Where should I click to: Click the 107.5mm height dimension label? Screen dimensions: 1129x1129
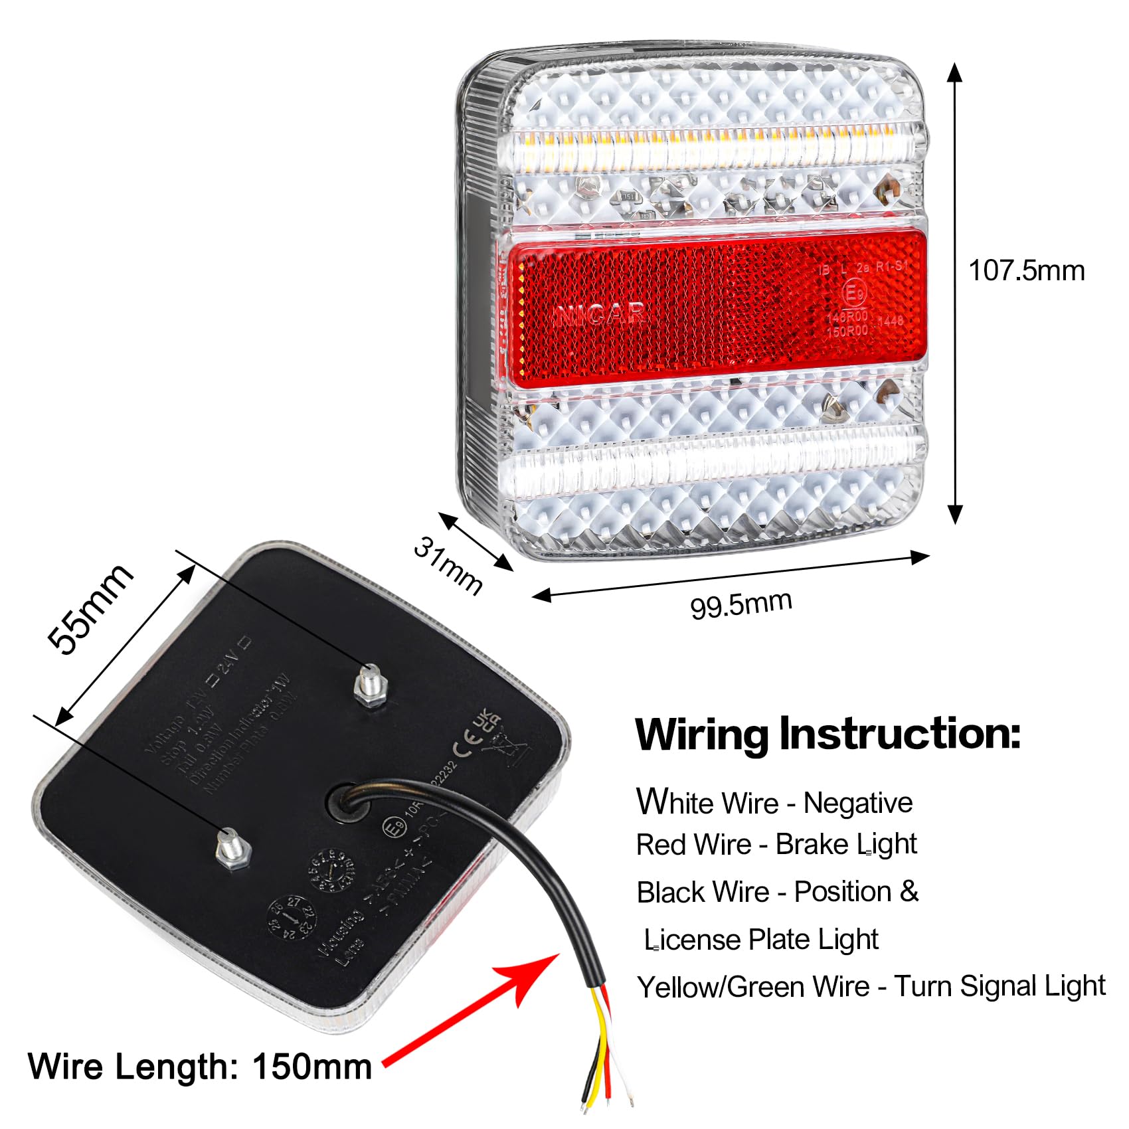pos(1026,271)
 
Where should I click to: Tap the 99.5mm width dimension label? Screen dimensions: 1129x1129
pos(740,604)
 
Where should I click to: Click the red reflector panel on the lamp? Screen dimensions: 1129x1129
pos(714,305)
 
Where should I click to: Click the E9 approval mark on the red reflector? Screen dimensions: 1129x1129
pos(854,293)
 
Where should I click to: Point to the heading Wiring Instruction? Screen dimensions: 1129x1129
pos(827,735)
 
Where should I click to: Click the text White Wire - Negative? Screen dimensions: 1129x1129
pos(774,802)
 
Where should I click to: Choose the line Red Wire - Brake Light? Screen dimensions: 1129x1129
pos(776,845)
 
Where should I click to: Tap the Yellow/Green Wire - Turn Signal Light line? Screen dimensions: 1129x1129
pos(871,987)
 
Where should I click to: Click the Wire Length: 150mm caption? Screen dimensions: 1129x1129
pos(199,1067)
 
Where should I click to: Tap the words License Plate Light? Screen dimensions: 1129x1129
pos(761,940)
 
